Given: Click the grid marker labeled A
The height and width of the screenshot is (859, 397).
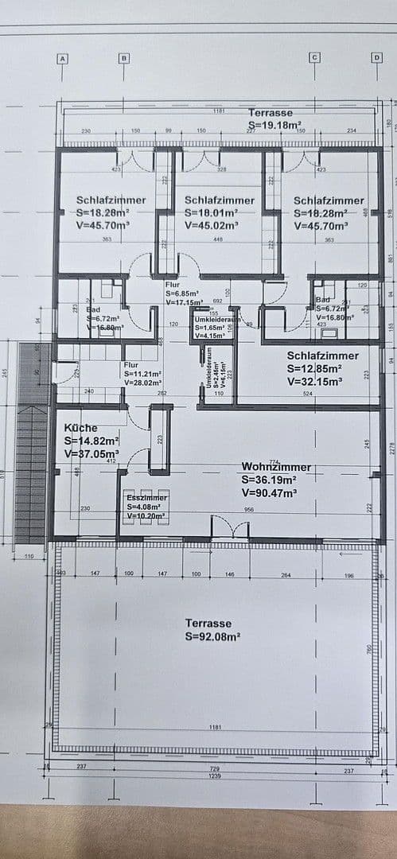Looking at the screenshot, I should [62, 57].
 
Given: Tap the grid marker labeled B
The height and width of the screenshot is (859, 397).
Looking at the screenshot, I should [123, 57].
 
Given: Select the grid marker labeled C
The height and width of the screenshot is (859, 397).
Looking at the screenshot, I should [314, 57].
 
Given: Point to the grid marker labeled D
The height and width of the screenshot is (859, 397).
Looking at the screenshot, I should [376, 57].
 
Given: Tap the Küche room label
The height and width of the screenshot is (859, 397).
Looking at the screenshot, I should [81, 427].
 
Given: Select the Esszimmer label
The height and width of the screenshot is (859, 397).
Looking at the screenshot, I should [146, 497].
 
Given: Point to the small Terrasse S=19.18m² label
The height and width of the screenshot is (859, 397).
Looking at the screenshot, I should [271, 114].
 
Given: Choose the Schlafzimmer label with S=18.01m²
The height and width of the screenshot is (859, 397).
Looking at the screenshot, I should [220, 200].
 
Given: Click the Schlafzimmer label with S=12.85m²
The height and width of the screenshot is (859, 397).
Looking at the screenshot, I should [322, 356].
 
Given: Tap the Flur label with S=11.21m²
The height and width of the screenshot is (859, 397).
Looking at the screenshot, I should [131, 364].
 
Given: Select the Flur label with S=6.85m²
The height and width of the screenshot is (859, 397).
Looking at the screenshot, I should [173, 284].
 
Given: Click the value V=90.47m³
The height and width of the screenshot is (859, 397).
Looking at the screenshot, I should [270, 493].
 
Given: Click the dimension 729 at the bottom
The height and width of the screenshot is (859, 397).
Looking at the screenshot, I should [213, 767].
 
